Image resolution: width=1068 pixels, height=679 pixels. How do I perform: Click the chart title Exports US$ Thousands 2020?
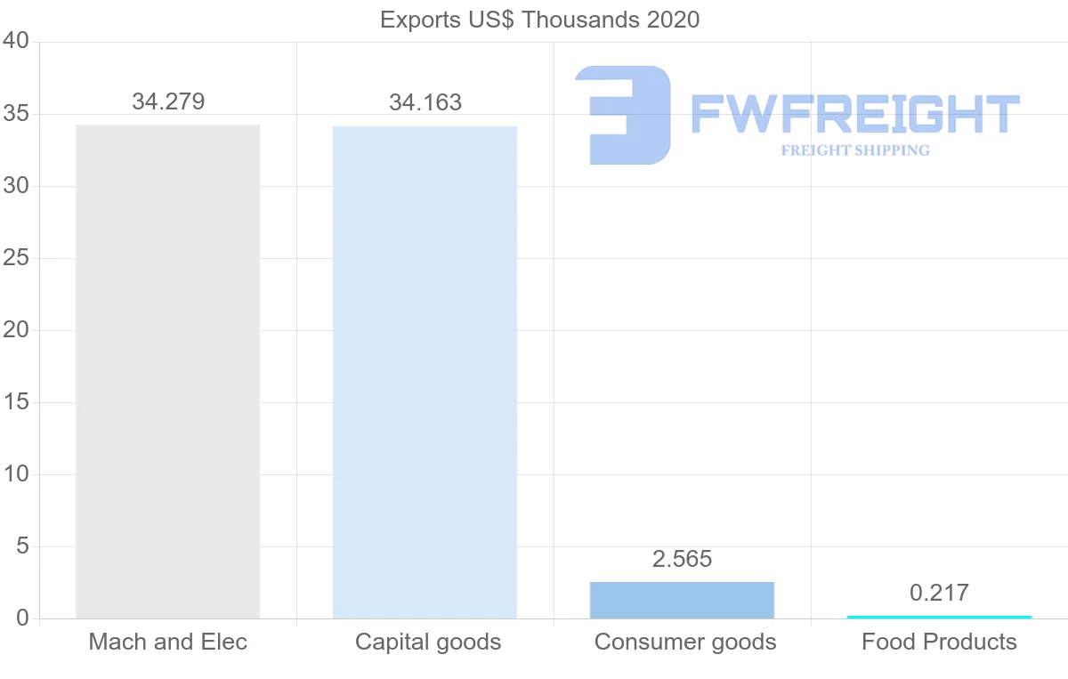539,20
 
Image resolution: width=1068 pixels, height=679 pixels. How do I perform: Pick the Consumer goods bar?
682,600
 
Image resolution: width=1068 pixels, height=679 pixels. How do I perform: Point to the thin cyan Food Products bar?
939,617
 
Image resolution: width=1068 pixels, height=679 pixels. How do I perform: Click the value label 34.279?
168,101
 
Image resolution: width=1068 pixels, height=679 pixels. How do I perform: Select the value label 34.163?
425,102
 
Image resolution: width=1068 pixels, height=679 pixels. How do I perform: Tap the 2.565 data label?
683,559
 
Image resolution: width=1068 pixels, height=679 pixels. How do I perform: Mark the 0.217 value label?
939,593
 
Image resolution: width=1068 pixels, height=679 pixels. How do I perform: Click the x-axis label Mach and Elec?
168,642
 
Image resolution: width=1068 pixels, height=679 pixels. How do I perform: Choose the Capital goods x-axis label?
428,642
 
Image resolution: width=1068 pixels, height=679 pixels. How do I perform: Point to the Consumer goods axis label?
685,642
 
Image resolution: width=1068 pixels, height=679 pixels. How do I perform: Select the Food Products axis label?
939,642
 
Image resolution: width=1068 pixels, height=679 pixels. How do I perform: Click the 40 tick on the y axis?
16,41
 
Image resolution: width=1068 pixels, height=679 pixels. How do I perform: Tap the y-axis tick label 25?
16,258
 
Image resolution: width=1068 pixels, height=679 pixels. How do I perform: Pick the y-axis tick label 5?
23,546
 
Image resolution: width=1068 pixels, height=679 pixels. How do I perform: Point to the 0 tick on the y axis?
23,618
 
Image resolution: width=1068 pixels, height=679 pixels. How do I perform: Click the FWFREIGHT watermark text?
854,115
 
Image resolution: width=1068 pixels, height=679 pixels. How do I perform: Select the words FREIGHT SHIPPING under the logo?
854,150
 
